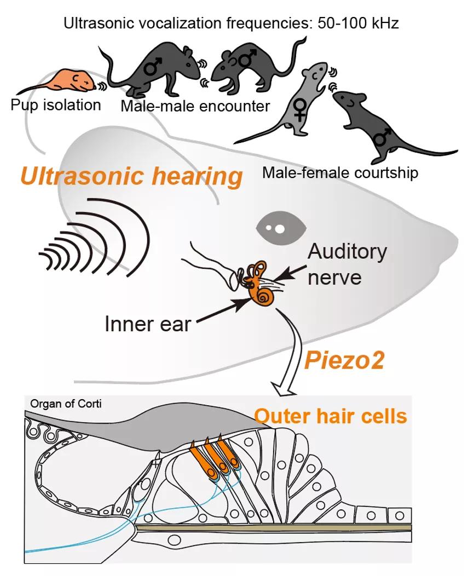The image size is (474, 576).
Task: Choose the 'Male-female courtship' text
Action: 340,173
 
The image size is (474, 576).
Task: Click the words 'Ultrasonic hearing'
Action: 131,177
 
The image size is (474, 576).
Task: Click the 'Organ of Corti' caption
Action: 66,404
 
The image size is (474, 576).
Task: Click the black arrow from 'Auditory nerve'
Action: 291,272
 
